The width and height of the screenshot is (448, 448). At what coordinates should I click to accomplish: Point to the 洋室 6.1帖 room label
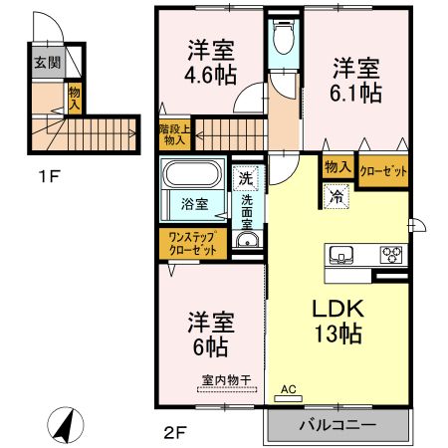tap(355, 79)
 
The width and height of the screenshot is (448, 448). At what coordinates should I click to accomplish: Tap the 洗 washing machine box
tap(245, 179)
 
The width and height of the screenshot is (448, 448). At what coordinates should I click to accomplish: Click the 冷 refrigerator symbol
tap(336, 197)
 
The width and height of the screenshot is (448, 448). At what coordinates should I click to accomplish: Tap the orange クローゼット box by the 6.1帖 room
tap(382, 170)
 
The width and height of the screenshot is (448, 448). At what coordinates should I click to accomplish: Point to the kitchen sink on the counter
tap(341, 254)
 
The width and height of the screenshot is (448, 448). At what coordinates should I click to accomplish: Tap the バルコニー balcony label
tap(337, 425)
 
